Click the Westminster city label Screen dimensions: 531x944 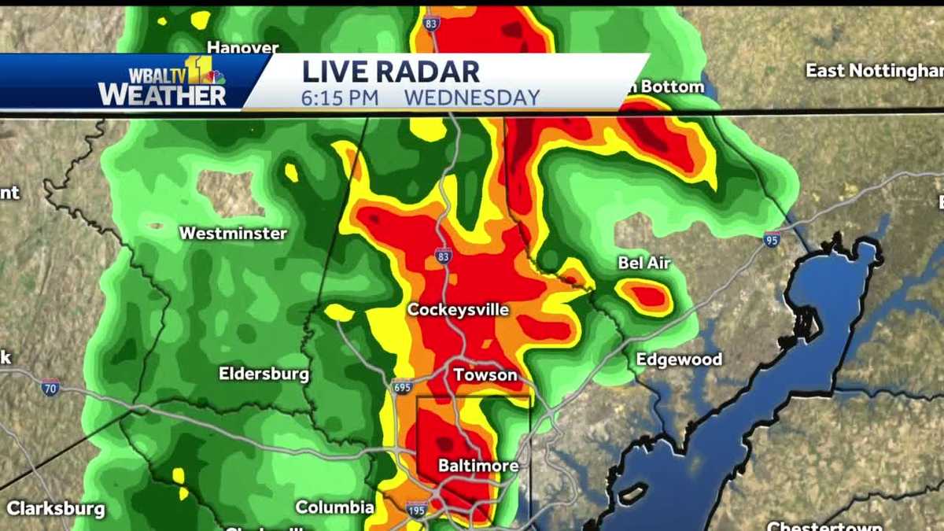tap(233, 233)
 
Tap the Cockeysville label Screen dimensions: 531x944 tap(458, 310)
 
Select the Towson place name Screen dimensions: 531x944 tap(485, 375)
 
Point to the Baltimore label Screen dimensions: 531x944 tap(478, 466)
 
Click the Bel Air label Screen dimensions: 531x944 tap(644, 263)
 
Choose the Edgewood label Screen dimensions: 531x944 tap(679, 360)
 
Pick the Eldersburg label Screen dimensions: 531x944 tap(264, 374)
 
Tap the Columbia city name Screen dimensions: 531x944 tap(334, 507)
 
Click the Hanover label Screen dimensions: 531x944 tap(243, 47)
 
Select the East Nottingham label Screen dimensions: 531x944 tap(873, 71)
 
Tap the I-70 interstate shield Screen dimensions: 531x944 tap(50, 387)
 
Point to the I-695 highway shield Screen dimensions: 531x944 tap(400, 387)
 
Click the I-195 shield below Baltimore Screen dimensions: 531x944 tap(418, 509)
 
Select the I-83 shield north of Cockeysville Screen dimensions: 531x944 tap(444, 256)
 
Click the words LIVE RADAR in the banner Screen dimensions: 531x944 tap(390, 72)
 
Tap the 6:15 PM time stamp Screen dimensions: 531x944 tap(340, 98)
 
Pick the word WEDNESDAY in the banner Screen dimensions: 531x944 tap(472, 98)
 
